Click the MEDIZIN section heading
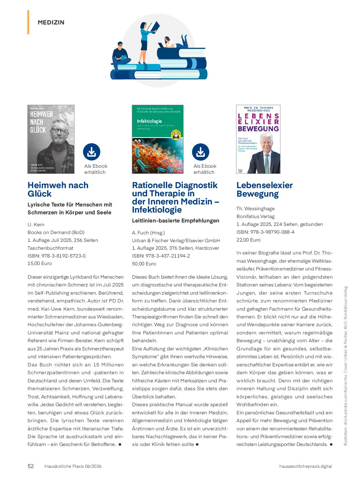[x=51, y=22]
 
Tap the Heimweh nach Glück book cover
[x=51, y=139]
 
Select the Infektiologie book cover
[x=158, y=139]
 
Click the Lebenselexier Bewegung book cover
[x=258, y=139]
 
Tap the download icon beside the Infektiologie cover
[x=200, y=152]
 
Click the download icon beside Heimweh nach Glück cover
[x=92, y=152]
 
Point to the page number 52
[x=31, y=466]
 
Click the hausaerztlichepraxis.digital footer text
[x=305, y=466]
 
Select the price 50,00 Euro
[x=144, y=264]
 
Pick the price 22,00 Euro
[x=248, y=240]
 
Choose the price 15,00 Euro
[x=40, y=263]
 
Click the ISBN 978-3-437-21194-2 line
[x=161, y=256]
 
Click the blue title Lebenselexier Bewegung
[x=264, y=189]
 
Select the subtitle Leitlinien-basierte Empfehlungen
[x=176, y=220]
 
